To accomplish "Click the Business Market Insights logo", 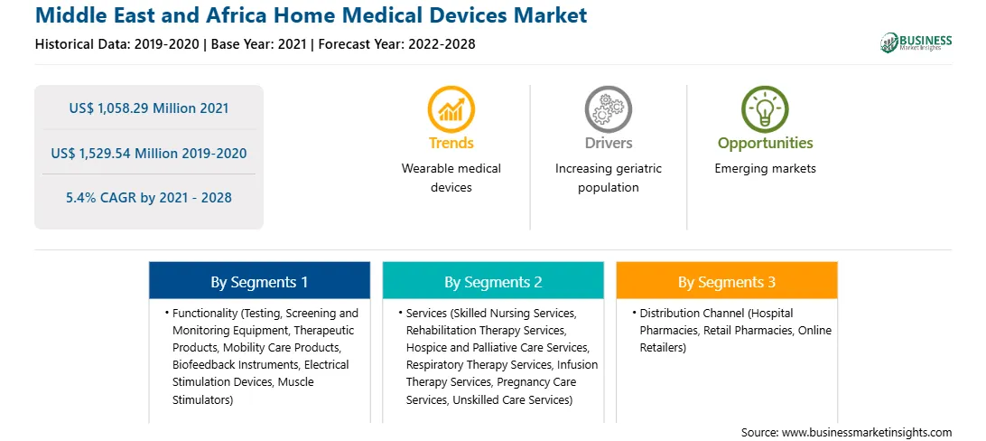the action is pyautogui.click(x=916, y=42).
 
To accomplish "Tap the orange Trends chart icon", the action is pyautogui.click(x=451, y=108).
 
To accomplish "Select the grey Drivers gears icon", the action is pyautogui.click(x=608, y=108).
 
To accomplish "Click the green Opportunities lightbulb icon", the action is pyautogui.click(x=765, y=108).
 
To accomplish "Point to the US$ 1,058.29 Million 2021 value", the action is pyautogui.click(x=149, y=108).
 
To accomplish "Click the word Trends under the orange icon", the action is pyautogui.click(x=451, y=143).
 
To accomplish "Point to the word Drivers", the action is pyautogui.click(x=609, y=143).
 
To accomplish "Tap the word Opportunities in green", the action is pyautogui.click(x=766, y=144).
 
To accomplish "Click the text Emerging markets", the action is pyautogui.click(x=766, y=169).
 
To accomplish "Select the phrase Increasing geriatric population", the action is pyautogui.click(x=609, y=178).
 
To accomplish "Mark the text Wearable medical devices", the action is pyautogui.click(x=451, y=178).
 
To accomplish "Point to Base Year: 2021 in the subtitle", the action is pyautogui.click(x=259, y=44).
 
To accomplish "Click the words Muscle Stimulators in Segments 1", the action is pyautogui.click(x=243, y=390).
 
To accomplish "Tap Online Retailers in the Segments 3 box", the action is pyautogui.click(x=736, y=339).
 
